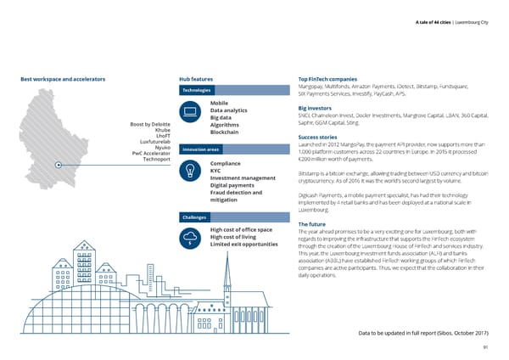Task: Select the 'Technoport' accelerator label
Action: pos(155,159)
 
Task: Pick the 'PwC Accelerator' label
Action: pos(150,153)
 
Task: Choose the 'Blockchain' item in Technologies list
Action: pos(228,132)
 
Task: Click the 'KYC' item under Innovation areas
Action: pos(215,170)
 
